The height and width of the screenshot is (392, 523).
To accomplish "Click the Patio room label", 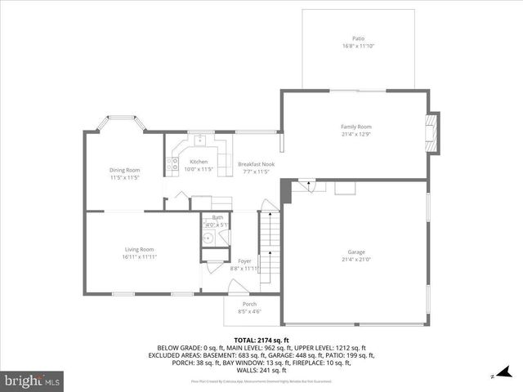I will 358,38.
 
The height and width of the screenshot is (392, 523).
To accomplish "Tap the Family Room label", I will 356,127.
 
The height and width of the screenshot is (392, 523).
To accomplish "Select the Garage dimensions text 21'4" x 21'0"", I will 356,260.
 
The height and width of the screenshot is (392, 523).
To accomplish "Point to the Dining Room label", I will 125,170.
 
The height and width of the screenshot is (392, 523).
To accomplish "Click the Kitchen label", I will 199,162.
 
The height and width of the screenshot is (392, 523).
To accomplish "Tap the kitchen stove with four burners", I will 173,166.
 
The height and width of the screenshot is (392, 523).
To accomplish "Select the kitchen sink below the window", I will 199,140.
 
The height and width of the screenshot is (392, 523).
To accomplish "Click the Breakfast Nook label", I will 256,164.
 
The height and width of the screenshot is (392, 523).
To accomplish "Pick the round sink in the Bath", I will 208,238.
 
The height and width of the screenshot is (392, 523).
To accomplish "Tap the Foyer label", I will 244,261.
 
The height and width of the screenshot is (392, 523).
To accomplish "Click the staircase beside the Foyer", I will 270,241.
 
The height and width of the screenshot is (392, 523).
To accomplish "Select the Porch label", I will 248,304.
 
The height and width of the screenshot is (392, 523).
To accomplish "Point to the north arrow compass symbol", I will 493,376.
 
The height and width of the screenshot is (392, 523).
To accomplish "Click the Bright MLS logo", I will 32,381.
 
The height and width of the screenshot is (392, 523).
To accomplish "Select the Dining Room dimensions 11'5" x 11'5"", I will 125,177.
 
